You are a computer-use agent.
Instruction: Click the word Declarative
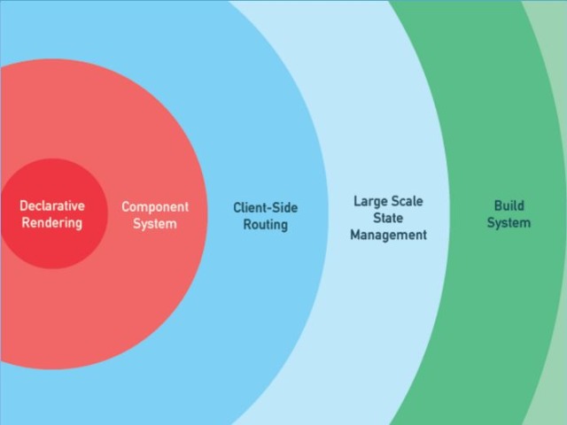pos(52,205)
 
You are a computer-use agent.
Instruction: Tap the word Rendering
pos(52,222)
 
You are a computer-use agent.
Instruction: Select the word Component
pos(155,207)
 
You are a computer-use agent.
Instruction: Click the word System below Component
pos(155,224)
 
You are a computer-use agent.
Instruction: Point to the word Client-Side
pos(266,208)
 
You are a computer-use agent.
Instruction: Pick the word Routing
pos(266,225)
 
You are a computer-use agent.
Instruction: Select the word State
pos(388,218)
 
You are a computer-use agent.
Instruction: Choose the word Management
pos(388,236)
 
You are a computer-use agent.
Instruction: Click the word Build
pos(509,205)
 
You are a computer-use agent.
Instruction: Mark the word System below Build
pos(509,222)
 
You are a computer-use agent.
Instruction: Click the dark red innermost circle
pos(53,177)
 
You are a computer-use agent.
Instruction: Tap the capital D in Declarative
pos(24,205)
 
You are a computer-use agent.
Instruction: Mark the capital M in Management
pos(355,236)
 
